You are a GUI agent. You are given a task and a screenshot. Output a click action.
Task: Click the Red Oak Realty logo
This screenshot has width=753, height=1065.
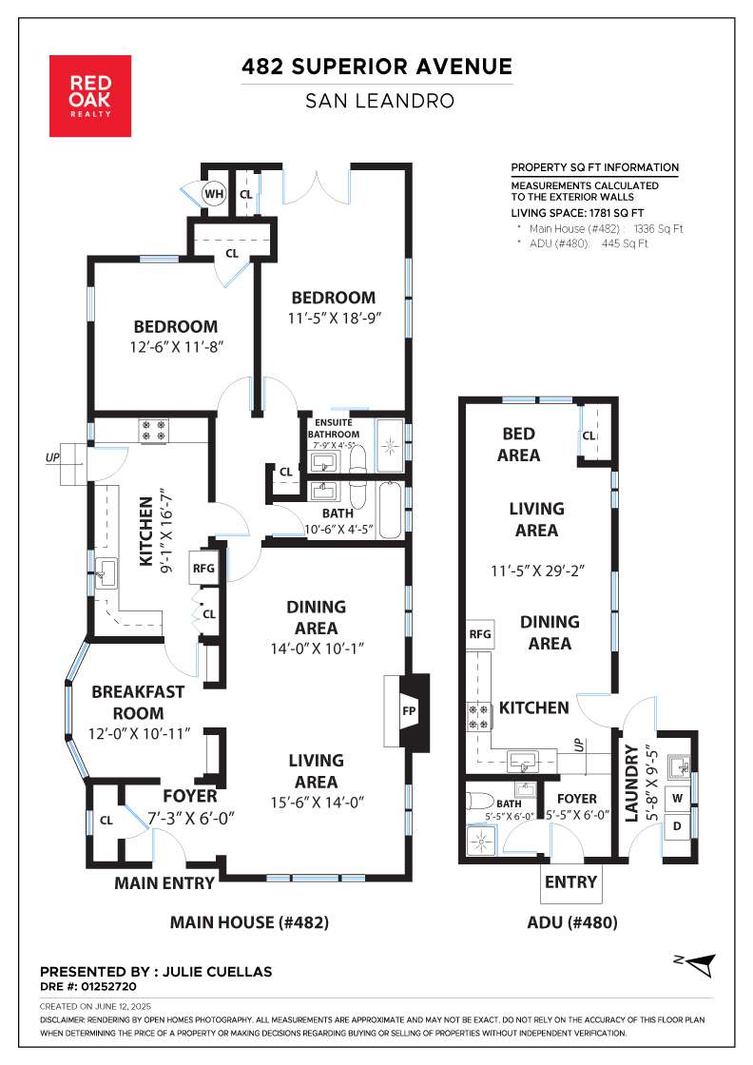[x=90, y=96]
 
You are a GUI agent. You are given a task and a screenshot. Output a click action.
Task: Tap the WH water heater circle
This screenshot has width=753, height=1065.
[x=214, y=194]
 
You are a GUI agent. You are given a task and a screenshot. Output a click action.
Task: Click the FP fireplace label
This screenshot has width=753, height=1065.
[x=409, y=711]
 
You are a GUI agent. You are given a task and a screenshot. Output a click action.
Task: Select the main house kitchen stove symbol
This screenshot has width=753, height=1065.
[x=153, y=431]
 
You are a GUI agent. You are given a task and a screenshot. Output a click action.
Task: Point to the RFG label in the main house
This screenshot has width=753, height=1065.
[x=203, y=569]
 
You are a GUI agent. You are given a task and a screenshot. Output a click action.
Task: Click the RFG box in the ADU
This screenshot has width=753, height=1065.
[x=480, y=634]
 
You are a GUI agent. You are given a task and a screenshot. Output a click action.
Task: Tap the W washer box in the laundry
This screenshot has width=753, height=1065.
[x=677, y=798]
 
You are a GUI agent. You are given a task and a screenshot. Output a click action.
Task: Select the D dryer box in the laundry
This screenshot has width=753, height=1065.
[x=677, y=826]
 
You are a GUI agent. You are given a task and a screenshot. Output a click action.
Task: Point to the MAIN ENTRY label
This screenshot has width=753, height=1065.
[x=164, y=883]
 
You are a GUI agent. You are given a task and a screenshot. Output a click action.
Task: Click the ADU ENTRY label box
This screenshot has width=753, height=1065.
[x=571, y=882]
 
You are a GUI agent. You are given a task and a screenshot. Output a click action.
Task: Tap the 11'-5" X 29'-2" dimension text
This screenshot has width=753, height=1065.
[x=538, y=571]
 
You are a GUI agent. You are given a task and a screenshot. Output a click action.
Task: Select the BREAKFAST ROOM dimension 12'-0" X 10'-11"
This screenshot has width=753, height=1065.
[x=139, y=733]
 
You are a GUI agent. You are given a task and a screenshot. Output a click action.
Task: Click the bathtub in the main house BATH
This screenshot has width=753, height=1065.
[x=391, y=510]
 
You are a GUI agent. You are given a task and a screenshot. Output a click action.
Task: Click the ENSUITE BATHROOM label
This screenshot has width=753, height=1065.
[x=334, y=429]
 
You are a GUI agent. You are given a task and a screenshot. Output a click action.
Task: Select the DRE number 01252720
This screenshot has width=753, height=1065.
[x=108, y=986]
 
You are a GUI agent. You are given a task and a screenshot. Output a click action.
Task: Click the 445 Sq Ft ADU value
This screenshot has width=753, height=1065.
[x=625, y=243]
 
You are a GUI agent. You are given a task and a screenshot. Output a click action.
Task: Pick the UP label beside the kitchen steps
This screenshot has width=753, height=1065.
[x=52, y=457]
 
